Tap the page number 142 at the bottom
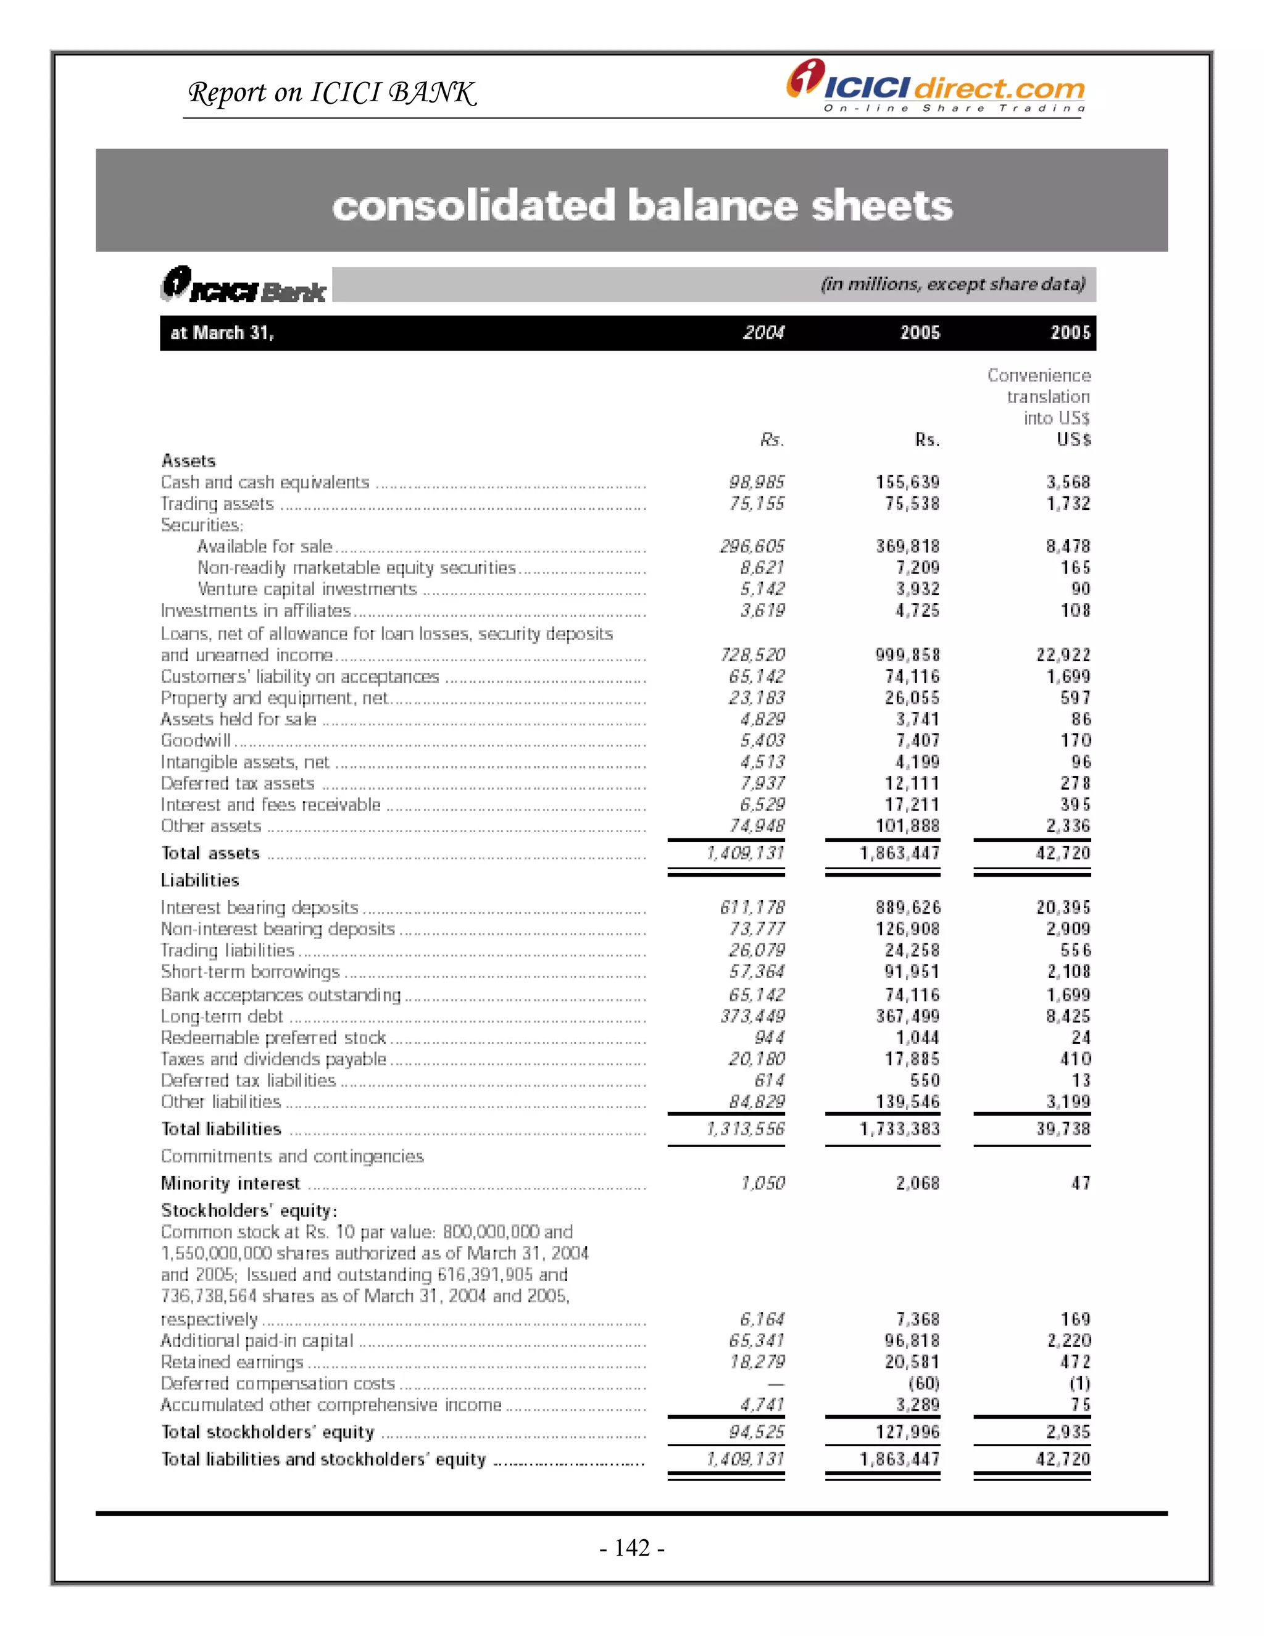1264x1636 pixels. click(632, 1547)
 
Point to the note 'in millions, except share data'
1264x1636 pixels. click(952, 285)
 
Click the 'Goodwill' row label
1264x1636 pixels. click(196, 741)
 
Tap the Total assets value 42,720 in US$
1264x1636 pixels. click(1063, 853)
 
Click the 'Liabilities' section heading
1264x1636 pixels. click(200, 880)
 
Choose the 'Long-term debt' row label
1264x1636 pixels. click(222, 1017)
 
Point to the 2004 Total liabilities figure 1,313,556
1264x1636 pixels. click(745, 1129)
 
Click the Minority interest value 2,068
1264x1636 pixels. click(917, 1183)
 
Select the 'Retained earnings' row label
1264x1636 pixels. click(232, 1362)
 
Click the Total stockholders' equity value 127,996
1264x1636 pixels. click(907, 1432)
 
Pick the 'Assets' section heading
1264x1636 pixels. click(189, 461)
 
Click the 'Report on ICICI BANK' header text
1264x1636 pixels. click(331, 93)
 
